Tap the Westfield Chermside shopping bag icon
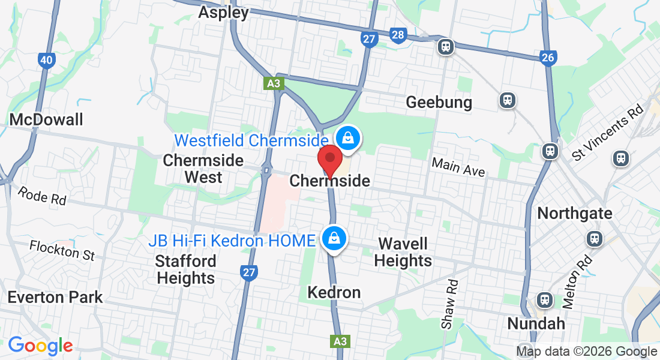coord(347,139)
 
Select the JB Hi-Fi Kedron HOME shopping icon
coord(332,238)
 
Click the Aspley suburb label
coord(223,13)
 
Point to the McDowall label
coord(46,119)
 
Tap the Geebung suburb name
coord(439,102)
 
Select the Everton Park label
coord(55,297)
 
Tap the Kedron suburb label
coord(334,292)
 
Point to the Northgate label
coord(575,213)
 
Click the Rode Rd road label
coord(42,196)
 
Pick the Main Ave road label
coord(458,167)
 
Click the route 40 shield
coord(46,59)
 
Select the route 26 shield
coord(548,58)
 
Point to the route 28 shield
coord(397,35)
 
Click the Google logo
coord(40,346)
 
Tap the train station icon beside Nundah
coord(544,299)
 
